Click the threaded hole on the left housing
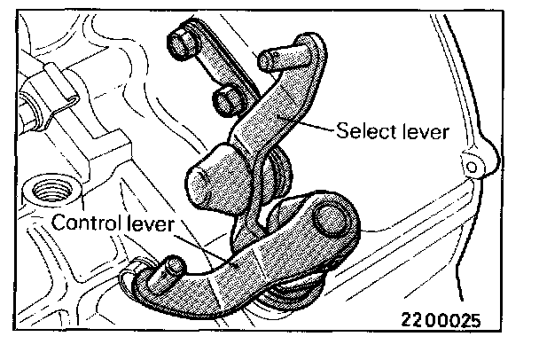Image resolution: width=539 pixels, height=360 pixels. pyautogui.click(x=43, y=190)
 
